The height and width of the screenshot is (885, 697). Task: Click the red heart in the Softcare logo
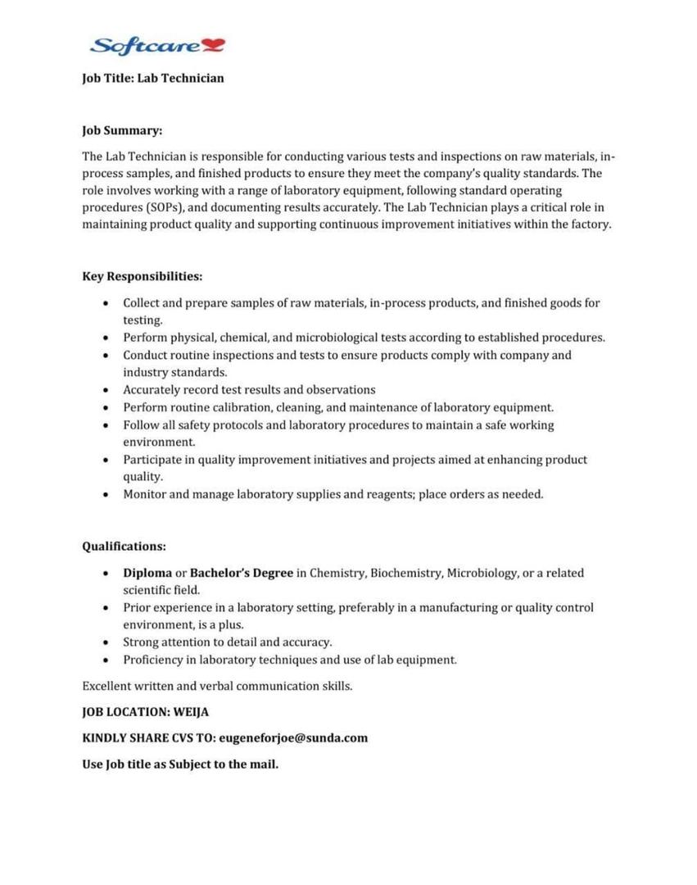tap(215, 45)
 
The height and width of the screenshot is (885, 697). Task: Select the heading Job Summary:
tap(122, 129)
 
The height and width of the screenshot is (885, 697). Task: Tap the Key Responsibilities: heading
tap(143, 276)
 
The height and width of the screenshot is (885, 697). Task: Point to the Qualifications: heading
tap(124, 546)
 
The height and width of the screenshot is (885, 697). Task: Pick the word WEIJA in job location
tap(191, 712)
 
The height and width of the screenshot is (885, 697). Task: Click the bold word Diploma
tap(147, 573)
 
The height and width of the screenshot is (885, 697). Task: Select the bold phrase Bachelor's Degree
tap(242, 573)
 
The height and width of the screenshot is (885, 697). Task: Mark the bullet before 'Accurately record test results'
tap(106, 390)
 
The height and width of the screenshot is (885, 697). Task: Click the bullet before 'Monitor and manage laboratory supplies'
tap(106, 494)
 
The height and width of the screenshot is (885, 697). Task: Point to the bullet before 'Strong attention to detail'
tap(106, 642)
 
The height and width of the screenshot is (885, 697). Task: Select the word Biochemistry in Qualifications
tap(405, 573)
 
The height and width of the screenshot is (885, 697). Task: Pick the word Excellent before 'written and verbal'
tap(108, 686)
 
